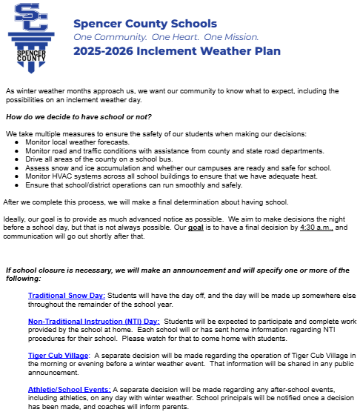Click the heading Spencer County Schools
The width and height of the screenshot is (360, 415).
[145, 24]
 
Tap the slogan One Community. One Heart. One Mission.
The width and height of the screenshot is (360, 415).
[166, 36]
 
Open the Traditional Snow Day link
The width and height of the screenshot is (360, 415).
[67, 296]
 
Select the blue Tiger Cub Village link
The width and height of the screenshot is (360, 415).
[59, 356]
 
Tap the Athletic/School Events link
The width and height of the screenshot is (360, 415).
[70, 389]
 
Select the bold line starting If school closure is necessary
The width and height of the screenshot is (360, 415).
[178, 272]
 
